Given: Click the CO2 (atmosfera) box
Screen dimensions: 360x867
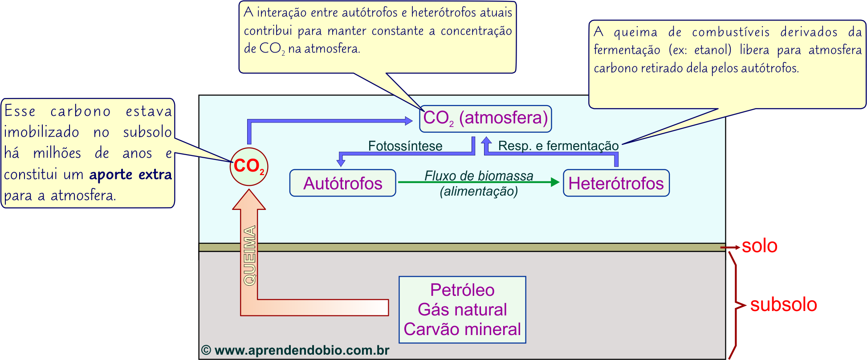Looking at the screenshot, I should pos(485,119).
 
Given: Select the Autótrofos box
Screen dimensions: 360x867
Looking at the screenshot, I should pos(342,183).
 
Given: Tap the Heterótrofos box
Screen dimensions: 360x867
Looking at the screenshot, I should pos(616,183).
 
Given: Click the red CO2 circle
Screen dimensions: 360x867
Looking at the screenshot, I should pos(249,167).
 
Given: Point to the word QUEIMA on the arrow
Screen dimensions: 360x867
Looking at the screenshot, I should pos(250,255).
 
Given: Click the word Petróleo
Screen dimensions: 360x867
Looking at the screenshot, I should pos(462,290).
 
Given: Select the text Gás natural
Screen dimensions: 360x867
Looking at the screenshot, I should pos(462,310).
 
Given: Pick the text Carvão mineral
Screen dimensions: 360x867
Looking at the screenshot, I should pos(462,329).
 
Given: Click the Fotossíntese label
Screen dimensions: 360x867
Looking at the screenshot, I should pos(405,146).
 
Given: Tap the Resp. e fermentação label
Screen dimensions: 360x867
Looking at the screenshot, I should pos(558,146).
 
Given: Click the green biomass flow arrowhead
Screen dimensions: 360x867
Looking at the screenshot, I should pos(555,182).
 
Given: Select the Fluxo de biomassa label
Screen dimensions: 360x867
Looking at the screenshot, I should pos(479,176).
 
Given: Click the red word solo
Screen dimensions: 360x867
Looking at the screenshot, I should pos(760,246).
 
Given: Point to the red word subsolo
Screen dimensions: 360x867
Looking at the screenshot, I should pos(784,305).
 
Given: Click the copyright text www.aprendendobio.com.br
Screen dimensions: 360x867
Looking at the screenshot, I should pos(296,350).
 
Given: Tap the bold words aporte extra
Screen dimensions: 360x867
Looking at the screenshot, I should pos(130,174).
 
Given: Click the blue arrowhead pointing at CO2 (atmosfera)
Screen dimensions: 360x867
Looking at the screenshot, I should pos(408,120).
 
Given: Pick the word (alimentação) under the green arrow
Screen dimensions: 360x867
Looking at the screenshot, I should pos(479,191).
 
